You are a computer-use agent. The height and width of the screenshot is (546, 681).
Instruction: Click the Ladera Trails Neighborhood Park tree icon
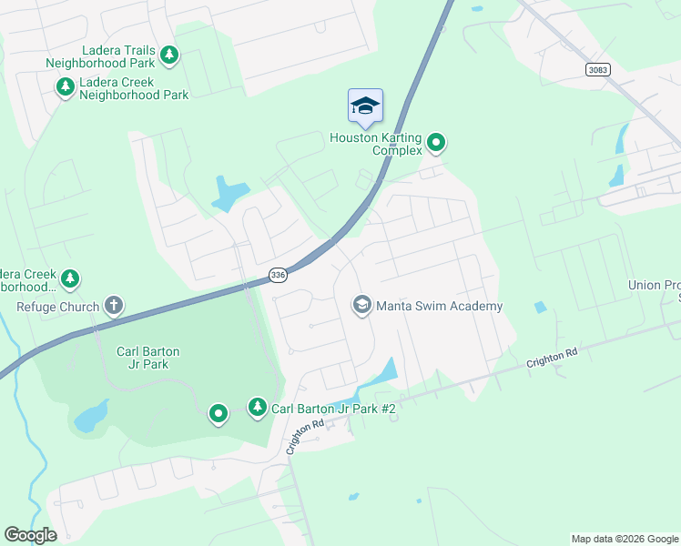(x=168, y=56)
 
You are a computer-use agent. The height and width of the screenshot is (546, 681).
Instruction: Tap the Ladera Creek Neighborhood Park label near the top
(x=133, y=88)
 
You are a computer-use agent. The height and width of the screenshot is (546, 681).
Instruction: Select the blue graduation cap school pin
(x=365, y=106)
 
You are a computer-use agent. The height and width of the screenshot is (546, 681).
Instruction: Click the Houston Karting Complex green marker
(x=436, y=142)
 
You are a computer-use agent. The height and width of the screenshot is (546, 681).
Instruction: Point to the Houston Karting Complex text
(x=377, y=144)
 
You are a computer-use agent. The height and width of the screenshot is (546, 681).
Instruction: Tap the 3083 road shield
(x=597, y=70)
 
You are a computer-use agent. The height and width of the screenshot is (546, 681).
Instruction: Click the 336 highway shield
(x=279, y=274)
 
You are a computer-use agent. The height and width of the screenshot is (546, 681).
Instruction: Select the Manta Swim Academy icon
(x=361, y=306)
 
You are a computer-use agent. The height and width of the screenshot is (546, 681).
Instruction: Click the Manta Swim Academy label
(x=439, y=307)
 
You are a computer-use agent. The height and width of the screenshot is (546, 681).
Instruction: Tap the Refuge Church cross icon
(x=113, y=306)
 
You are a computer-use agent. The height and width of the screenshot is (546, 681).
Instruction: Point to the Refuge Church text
(x=57, y=307)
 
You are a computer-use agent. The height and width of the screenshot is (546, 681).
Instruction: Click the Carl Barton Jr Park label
(x=147, y=358)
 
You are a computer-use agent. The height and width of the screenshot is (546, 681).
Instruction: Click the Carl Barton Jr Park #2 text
(x=333, y=409)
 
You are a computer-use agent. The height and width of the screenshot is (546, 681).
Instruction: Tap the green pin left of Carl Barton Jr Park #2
(x=218, y=414)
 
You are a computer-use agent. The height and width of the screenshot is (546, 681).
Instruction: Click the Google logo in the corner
(x=30, y=535)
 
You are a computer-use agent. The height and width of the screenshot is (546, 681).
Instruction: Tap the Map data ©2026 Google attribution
(x=625, y=539)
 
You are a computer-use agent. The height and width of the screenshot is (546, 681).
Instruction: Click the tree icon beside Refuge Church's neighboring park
(x=70, y=278)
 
